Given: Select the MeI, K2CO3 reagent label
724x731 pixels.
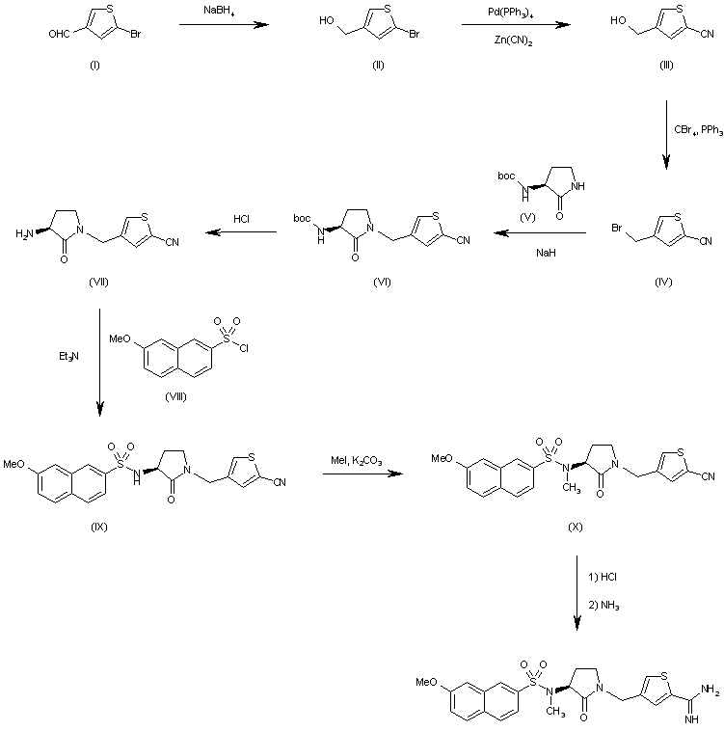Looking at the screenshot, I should tap(354, 463).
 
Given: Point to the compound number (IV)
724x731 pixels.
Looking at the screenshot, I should tap(662, 282).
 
